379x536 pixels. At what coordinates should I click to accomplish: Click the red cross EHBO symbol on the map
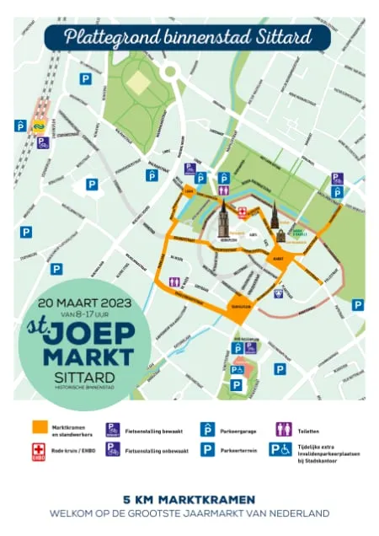tap(243, 212)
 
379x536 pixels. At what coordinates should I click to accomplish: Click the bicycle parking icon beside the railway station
tap(43, 142)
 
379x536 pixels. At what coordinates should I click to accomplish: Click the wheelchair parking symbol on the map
tap(238, 369)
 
